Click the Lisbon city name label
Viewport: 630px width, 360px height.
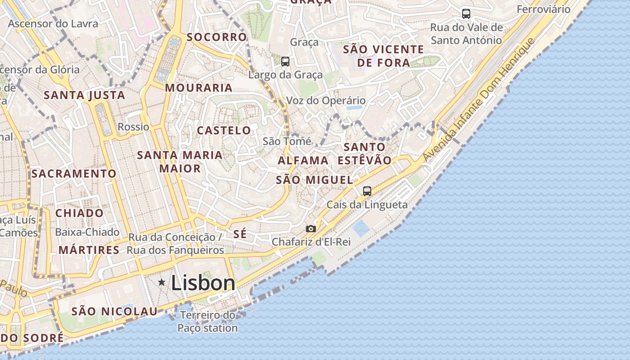click(203, 283)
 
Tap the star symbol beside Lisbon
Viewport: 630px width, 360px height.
click(162, 282)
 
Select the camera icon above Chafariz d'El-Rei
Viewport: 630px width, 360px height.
click(310, 229)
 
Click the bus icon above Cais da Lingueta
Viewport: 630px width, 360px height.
click(367, 191)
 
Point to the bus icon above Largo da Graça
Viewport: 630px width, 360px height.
click(285, 62)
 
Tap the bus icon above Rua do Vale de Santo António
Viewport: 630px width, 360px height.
click(466, 14)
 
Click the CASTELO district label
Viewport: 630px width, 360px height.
click(224, 130)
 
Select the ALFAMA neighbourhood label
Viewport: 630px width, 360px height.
click(303, 160)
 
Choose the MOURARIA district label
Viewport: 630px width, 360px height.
click(198, 88)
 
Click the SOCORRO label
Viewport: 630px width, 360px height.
click(217, 37)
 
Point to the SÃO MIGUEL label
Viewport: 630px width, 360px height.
click(314, 180)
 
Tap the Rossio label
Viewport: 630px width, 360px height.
click(133, 127)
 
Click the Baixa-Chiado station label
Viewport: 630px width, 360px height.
click(87, 232)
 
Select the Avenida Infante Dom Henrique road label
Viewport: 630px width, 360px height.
click(478, 100)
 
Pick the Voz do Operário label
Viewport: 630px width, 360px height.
click(326, 100)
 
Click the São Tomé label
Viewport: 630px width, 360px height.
click(287, 141)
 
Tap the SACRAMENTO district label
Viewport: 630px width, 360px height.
click(74, 173)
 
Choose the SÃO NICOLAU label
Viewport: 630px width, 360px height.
click(115, 311)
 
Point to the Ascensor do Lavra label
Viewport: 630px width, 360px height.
click(53, 23)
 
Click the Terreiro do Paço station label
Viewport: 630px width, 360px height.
click(207, 322)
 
